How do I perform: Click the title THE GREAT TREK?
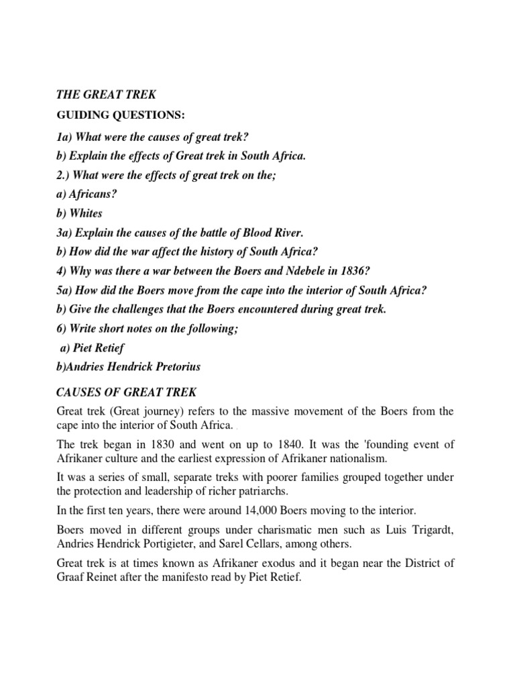coord(105,95)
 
